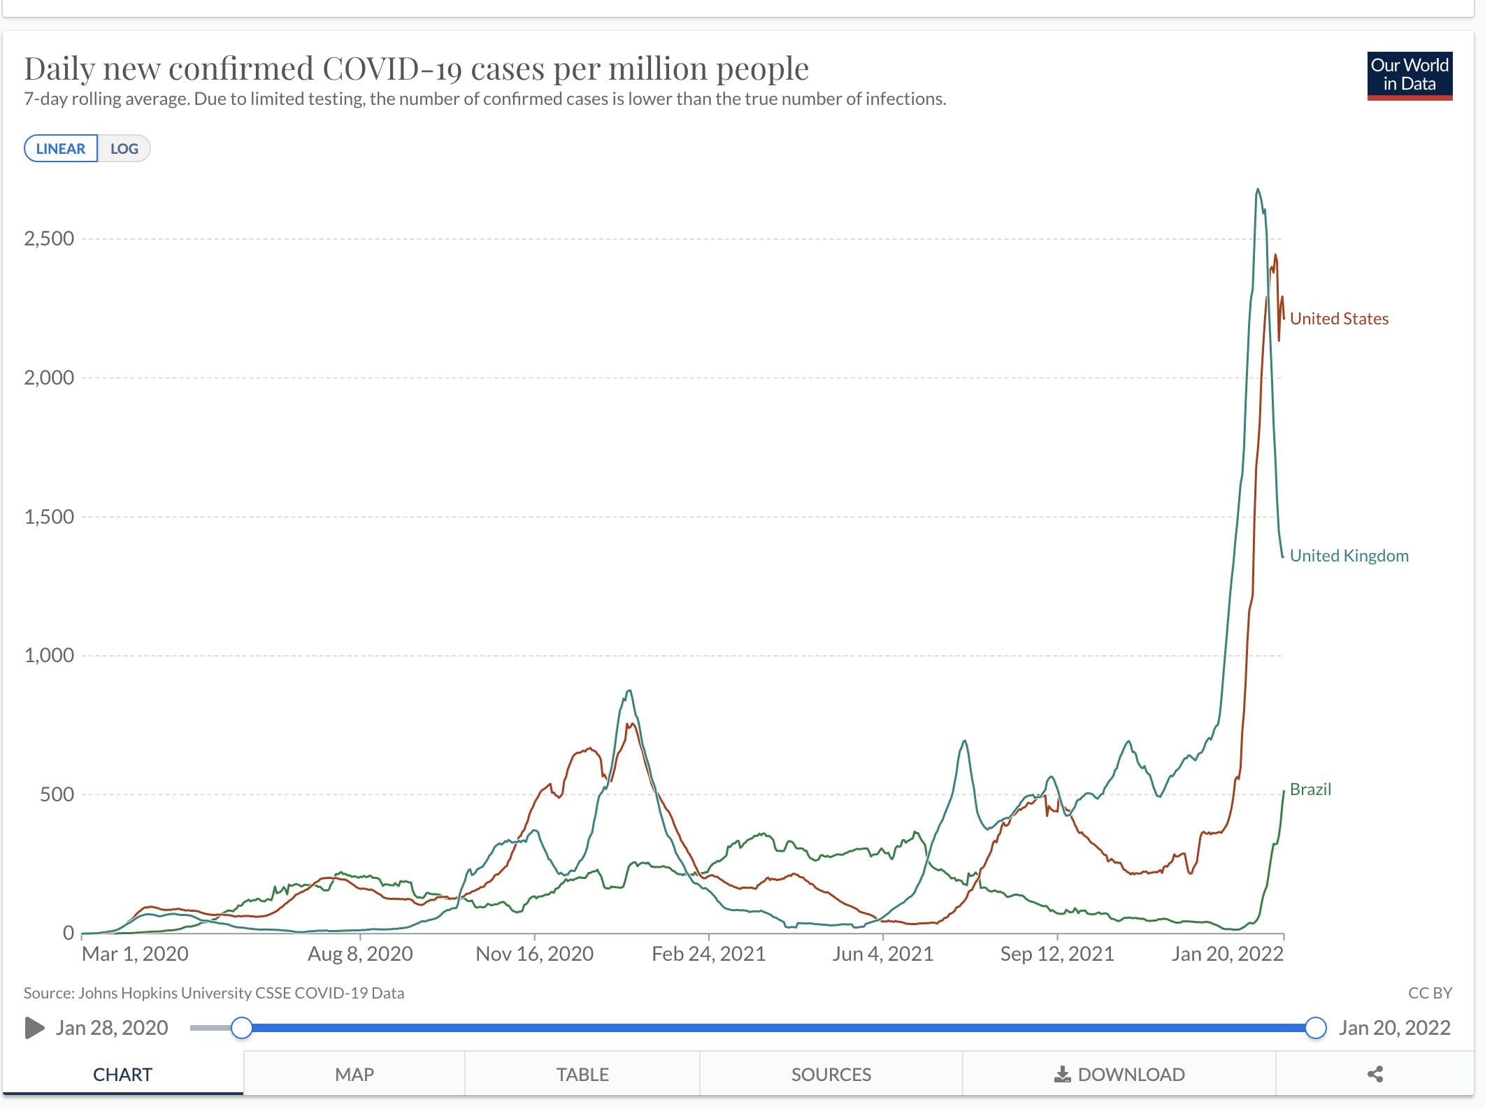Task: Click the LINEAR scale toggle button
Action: (61, 149)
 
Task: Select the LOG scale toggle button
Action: (124, 149)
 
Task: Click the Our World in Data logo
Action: (1409, 76)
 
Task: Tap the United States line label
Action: (1339, 319)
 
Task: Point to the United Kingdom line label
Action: (1349, 556)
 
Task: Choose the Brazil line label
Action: (1310, 789)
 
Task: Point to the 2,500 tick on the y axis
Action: (49, 239)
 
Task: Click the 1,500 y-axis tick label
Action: (49, 517)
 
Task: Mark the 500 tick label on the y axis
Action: (57, 794)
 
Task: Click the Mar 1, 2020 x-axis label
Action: (135, 954)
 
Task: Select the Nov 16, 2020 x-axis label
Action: (534, 954)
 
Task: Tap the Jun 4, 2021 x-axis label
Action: (882, 954)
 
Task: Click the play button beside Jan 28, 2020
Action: (34, 1028)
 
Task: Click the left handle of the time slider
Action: (242, 1028)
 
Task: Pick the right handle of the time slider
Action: (1316, 1028)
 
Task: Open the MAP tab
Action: (354, 1075)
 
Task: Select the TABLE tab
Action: (582, 1075)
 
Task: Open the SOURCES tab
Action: (831, 1075)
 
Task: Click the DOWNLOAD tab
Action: (1119, 1075)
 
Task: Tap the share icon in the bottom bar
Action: (1375, 1075)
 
